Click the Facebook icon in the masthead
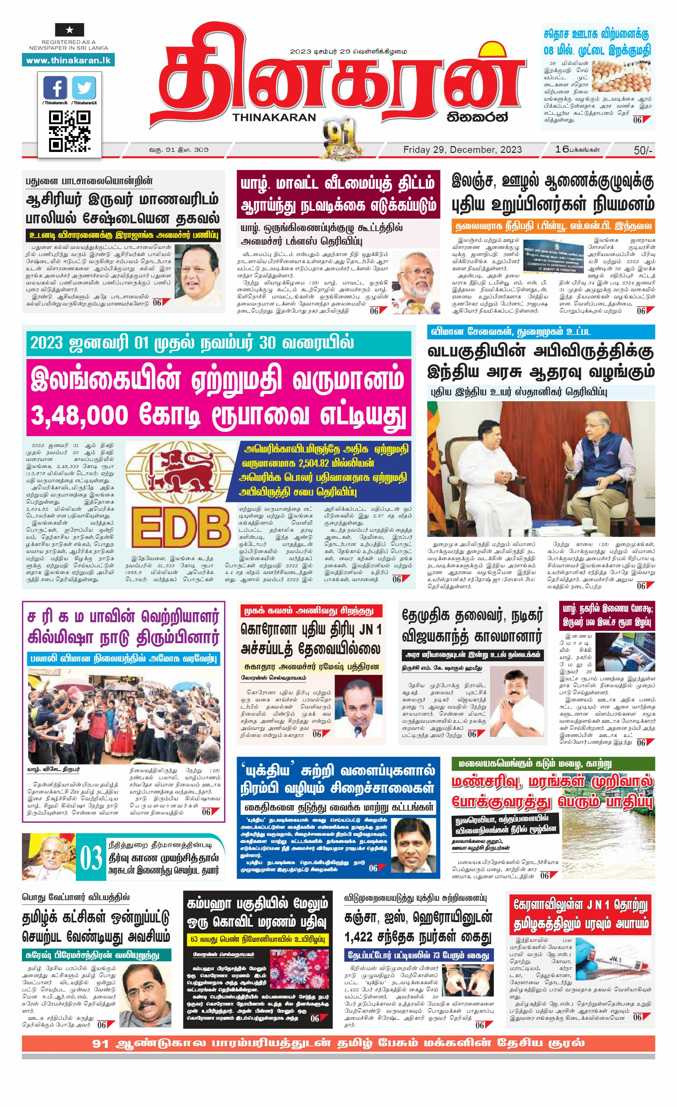click(x=56, y=88)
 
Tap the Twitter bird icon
click(x=84, y=88)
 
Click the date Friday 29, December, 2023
click(x=463, y=150)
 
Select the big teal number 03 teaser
click(x=91, y=858)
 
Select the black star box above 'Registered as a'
click(x=69, y=30)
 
